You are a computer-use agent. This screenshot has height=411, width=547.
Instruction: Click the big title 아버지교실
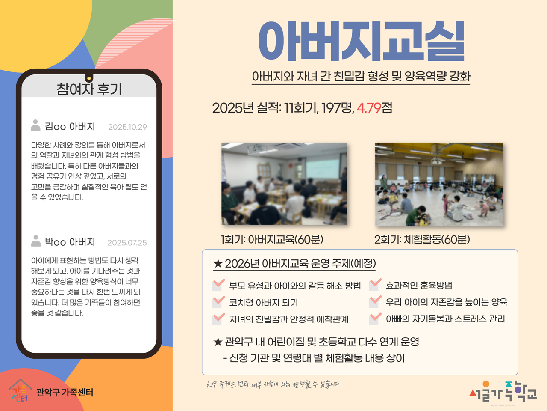[x=361, y=41]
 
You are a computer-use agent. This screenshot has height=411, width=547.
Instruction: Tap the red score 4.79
[x=369, y=108]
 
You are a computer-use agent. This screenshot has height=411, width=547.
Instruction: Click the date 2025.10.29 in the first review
[x=128, y=127]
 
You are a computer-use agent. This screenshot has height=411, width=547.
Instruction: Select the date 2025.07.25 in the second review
[x=127, y=243]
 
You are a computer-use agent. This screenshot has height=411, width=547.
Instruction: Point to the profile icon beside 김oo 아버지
[x=35, y=125]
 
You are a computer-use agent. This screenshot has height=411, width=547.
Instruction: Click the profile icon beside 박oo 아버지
[x=35, y=241]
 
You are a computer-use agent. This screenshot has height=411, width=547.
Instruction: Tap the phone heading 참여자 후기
[x=89, y=89]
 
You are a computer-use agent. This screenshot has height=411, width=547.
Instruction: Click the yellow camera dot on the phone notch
[x=89, y=79]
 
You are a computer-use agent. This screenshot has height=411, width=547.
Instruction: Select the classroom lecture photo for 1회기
[x=284, y=184]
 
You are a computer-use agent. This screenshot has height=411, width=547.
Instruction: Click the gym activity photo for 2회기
[x=439, y=185]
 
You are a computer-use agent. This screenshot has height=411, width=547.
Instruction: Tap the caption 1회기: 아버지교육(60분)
[x=272, y=239]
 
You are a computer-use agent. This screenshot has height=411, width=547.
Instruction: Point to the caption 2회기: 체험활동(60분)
[x=422, y=240]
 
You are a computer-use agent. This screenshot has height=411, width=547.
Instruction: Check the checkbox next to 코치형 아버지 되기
[x=218, y=302]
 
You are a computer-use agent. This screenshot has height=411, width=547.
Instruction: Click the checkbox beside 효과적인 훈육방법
[x=374, y=285]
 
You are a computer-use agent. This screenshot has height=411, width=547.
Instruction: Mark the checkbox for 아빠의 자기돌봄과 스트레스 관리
[x=374, y=319]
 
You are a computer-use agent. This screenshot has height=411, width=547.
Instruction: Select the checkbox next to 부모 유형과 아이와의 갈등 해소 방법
[x=218, y=285]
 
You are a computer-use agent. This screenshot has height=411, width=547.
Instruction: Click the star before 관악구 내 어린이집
[x=218, y=342]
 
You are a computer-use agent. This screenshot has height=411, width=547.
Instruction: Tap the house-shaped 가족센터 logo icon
[x=20, y=391]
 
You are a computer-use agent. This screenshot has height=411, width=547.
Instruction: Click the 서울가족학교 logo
[x=503, y=392]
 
